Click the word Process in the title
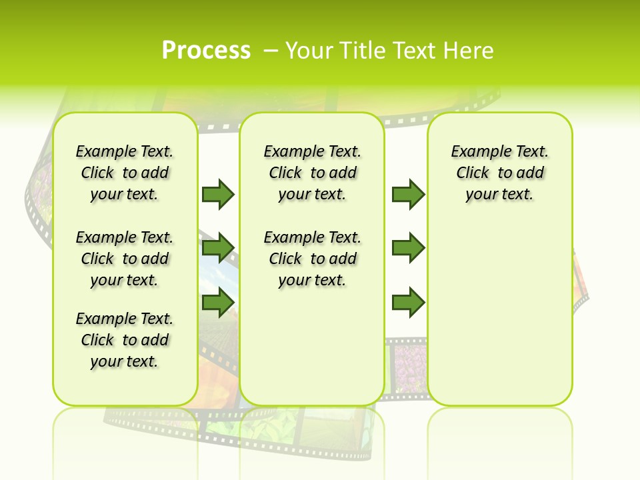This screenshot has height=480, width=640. coord(206,50)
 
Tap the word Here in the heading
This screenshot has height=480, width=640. coord(469,51)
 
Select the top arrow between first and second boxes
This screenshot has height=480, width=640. coord(218,194)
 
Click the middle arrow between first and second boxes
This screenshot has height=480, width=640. coord(218,248)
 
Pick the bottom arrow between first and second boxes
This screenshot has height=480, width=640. coord(218,303)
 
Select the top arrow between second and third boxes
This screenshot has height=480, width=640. coord(408,194)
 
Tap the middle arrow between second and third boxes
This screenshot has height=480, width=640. coord(408,248)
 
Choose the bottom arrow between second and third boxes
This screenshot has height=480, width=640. coord(408,303)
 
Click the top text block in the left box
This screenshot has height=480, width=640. coord(125,173)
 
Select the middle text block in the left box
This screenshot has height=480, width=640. coord(125,259)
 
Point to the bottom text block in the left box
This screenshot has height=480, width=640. coord(125,340)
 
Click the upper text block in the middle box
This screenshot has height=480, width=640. coord(312,173)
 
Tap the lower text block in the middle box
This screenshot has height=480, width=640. coord(312,259)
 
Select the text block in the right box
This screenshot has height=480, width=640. coord(499,173)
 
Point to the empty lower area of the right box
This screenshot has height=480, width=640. coord(499,313)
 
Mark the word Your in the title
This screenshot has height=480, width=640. coord(306,51)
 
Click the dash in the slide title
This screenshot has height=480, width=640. coord(271,50)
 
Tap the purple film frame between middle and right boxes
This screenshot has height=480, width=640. coord(406,367)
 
